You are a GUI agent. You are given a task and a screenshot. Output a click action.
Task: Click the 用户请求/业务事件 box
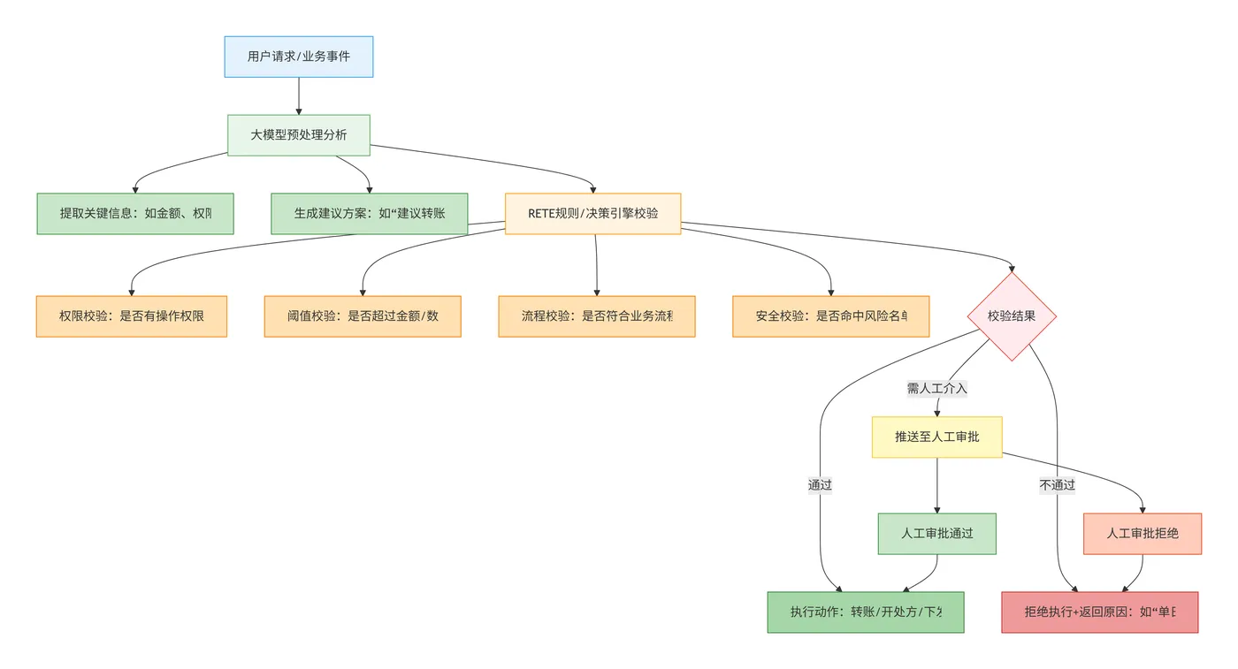(x=299, y=57)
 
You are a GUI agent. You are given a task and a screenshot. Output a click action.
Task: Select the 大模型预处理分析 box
(x=299, y=135)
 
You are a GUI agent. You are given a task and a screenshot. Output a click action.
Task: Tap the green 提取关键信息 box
(x=135, y=214)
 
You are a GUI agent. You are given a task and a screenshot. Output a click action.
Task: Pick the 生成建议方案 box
(x=369, y=214)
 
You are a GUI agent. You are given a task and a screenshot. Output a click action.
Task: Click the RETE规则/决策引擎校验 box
(x=592, y=213)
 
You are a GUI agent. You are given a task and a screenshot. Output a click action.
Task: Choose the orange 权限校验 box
(x=132, y=316)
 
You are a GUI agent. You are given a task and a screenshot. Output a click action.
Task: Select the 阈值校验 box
(x=363, y=316)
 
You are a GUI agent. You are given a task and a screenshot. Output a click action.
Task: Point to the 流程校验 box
(x=597, y=316)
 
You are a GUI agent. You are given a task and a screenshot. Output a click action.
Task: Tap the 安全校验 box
(x=830, y=316)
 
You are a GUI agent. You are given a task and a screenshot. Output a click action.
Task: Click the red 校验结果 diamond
(x=1012, y=316)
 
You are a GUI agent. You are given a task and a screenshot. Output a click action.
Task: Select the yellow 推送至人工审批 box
(x=936, y=437)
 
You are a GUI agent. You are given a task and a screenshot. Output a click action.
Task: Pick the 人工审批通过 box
(x=936, y=534)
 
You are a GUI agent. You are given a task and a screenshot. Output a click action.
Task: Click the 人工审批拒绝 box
(x=1142, y=534)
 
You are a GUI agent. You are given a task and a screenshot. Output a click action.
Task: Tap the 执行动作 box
(x=865, y=612)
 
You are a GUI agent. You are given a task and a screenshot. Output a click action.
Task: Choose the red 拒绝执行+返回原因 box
(x=1099, y=612)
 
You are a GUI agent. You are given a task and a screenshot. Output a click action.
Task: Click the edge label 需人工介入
(x=937, y=388)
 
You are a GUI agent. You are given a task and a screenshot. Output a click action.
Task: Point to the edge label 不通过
(x=1058, y=485)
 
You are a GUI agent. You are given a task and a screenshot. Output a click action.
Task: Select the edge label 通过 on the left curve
(x=820, y=485)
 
